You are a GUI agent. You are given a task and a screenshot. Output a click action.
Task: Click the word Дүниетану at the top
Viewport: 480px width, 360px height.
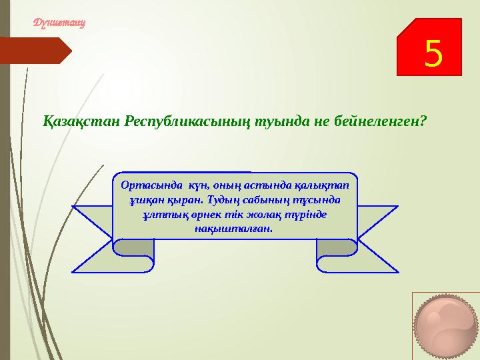tap(61, 22)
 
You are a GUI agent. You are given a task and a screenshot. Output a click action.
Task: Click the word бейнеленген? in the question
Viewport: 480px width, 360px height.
tap(382, 122)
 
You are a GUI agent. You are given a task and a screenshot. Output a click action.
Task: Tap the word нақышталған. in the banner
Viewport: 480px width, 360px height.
tap(233, 228)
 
